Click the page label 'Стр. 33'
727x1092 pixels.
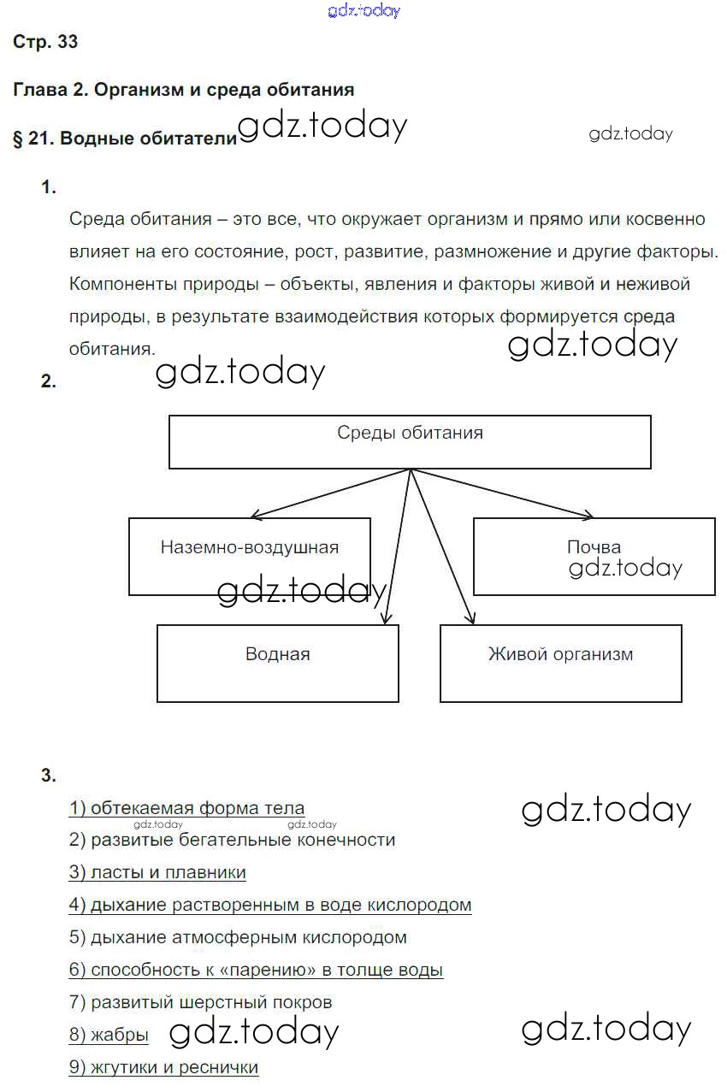pyautogui.click(x=45, y=42)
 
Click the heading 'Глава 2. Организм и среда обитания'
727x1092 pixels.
pyautogui.click(x=183, y=89)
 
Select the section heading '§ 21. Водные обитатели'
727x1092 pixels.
pyautogui.click(x=124, y=139)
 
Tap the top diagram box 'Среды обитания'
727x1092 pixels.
pyautogui.click(x=410, y=441)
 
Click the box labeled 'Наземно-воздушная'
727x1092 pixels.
pyautogui.click(x=249, y=555)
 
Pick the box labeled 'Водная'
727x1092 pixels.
pyautogui.click(x=277, y=663)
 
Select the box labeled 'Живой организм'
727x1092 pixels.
pyautogui.click(x=560, y=663)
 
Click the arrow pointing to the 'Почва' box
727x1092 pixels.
pyautogui.click(x=505, y=493)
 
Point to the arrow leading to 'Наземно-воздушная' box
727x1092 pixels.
pyautogui.click(x=329, y=493)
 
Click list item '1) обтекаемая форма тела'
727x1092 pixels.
pyautogui.click(x=186, y=808)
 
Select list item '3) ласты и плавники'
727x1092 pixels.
pyautogui.click(x=157, y=872)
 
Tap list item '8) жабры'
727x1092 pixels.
pyautogui.click(x=109, y=1035)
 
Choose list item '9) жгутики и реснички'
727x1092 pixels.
pyautogui.click(x=163, y=1067)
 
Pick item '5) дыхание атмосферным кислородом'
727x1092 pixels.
pyautogui.click(x=238, y=937)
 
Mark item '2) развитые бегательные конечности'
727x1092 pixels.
pyautogui.click(x=232, y=841)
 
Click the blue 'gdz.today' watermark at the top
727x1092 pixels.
pyautogui.click(x=363, y=11)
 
